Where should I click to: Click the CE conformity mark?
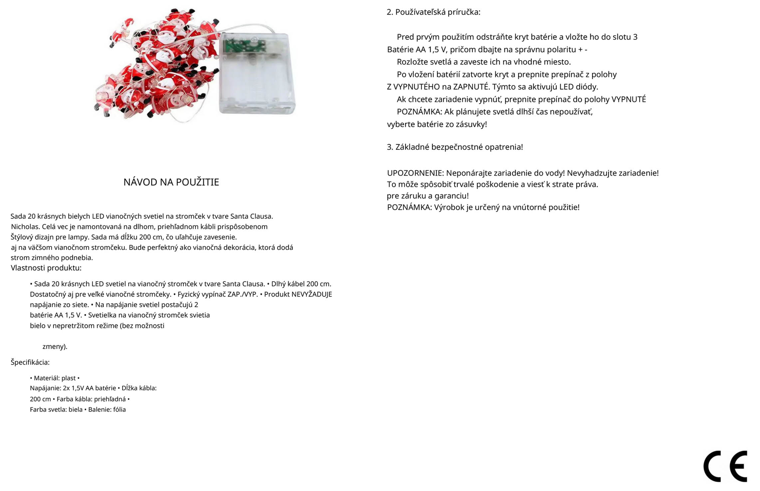[x=725, y=466]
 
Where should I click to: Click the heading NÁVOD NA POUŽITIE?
[x=171, y=182]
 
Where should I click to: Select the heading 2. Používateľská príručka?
[x=433, y=12]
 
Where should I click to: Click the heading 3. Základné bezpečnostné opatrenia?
[x=455, y=147]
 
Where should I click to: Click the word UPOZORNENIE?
[x=415, y=173]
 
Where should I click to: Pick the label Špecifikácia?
[x=30, y=362]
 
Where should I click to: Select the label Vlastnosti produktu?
[x=46, y=268]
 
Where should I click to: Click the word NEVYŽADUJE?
[x=312, y=294]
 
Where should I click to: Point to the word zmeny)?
[x=55, y=346]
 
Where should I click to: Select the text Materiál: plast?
[x=55, y=378]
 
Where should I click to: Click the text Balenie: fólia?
[x=107, y=410]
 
